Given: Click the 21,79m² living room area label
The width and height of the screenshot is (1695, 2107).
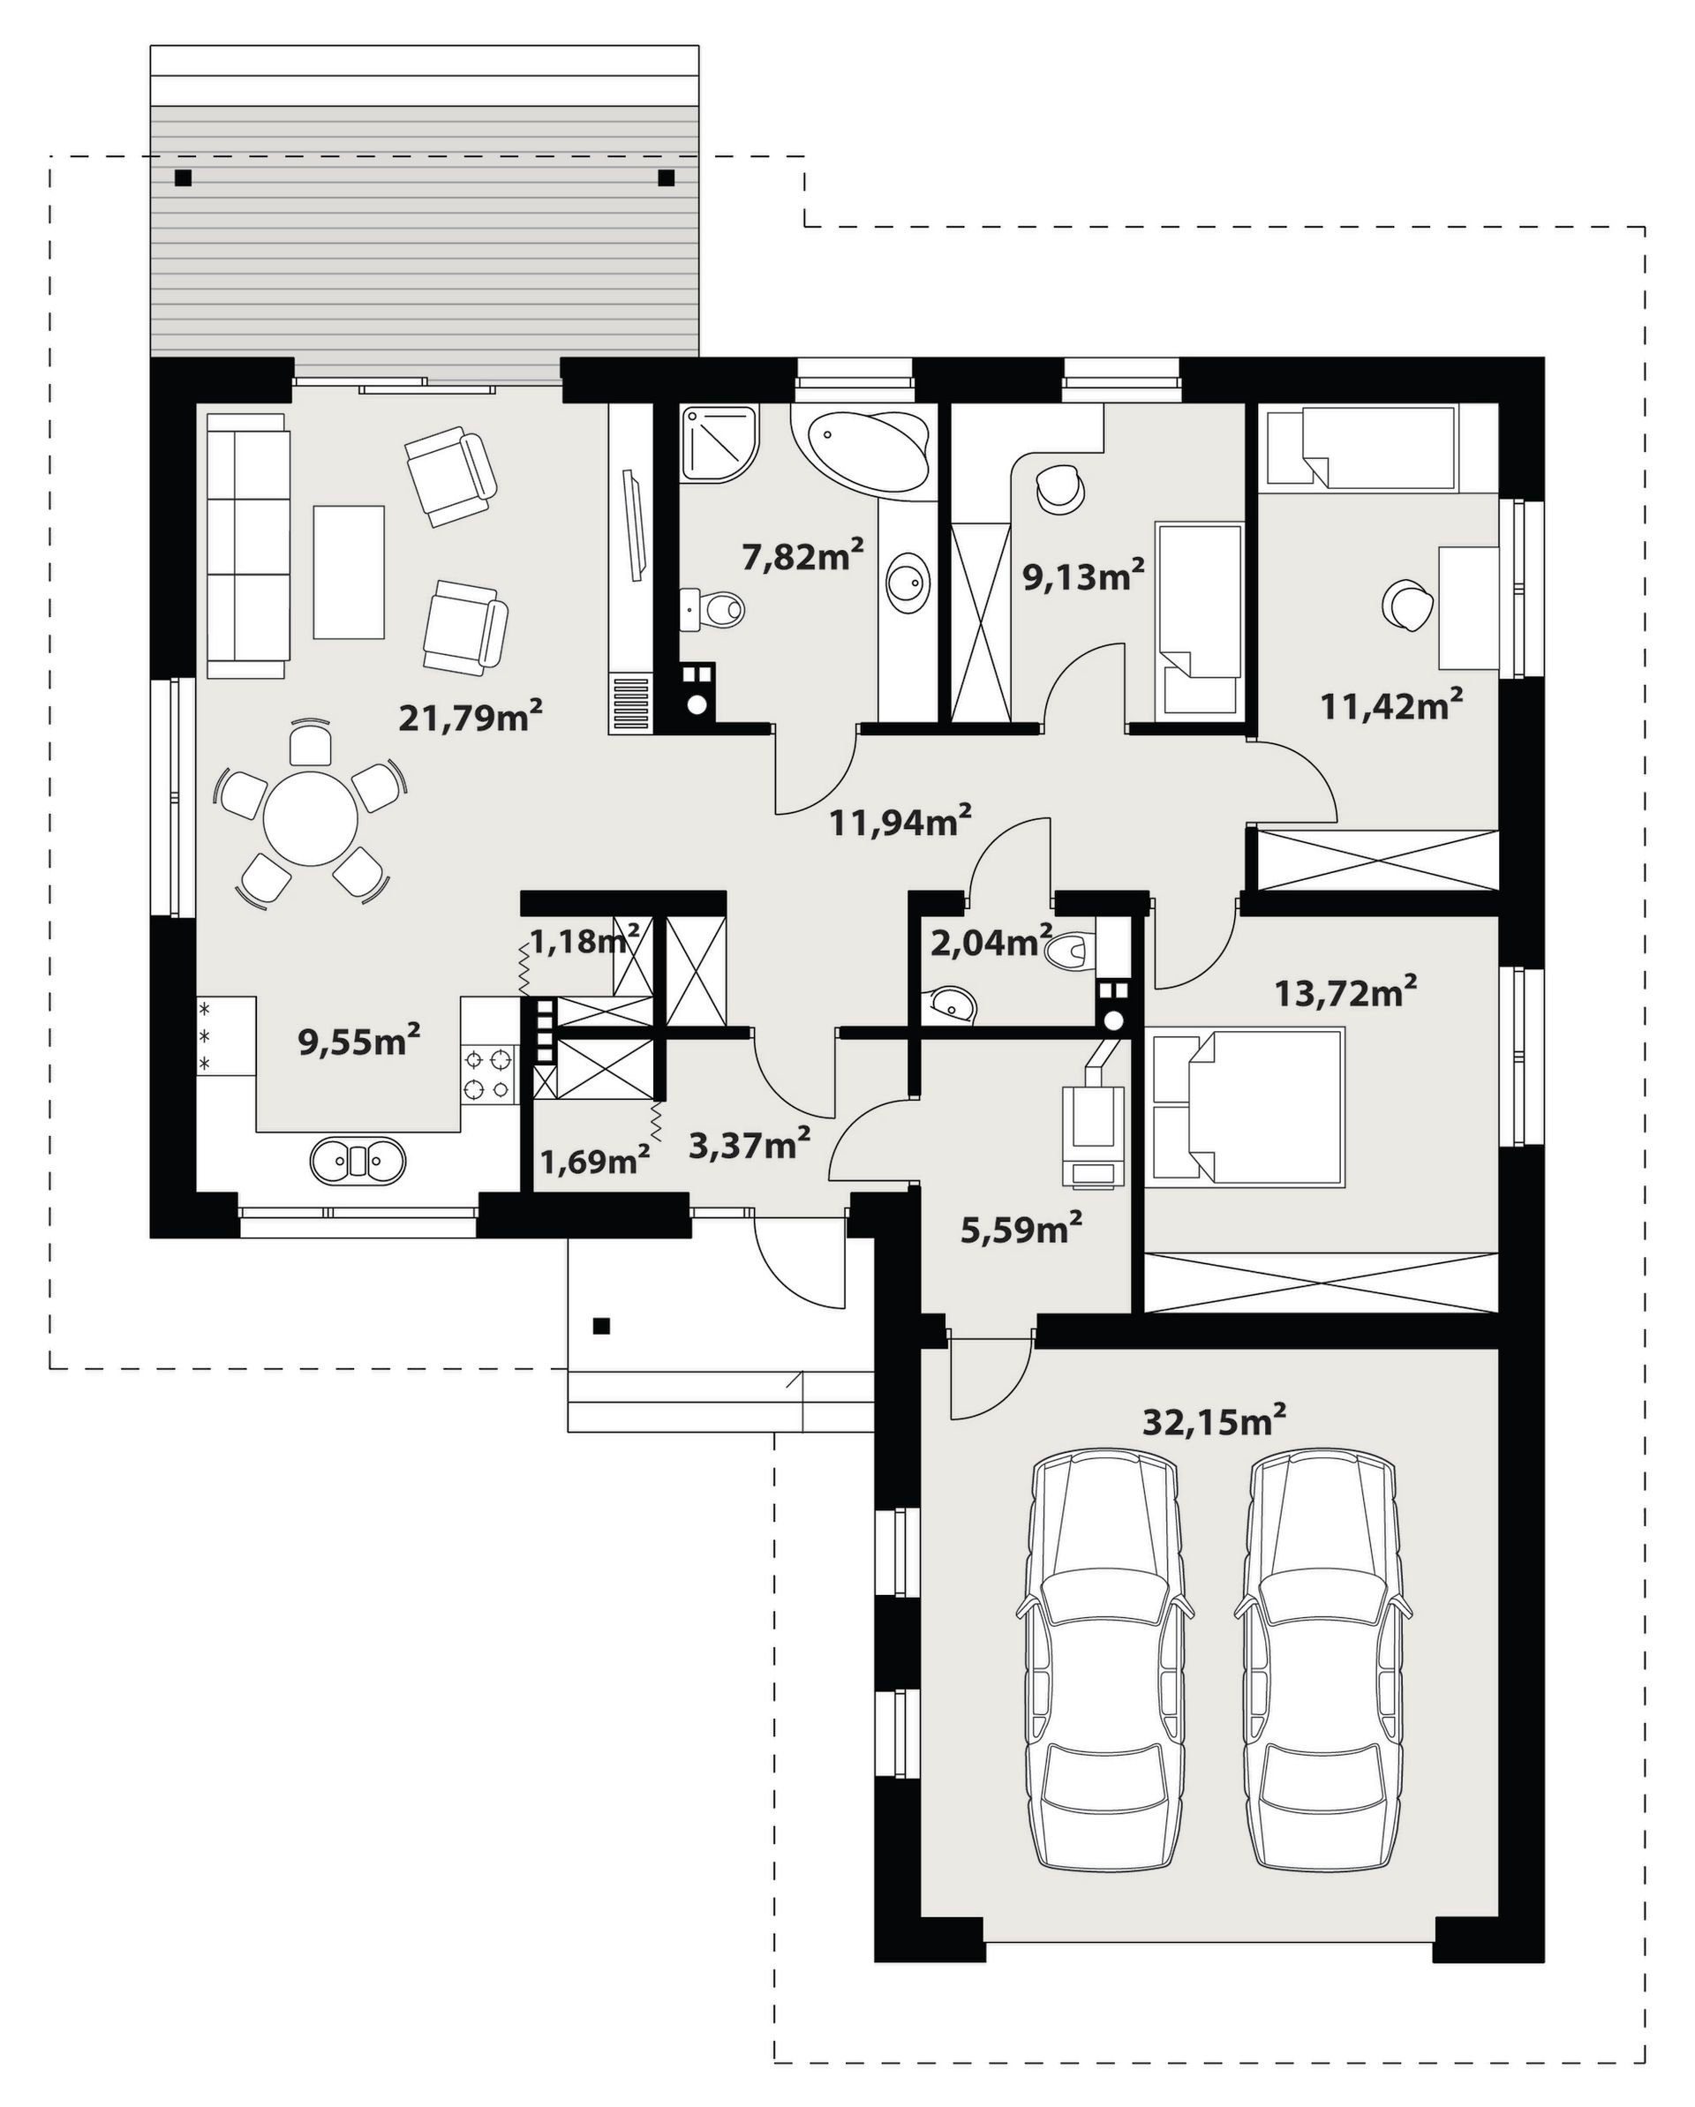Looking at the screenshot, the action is click(x=471, y=718).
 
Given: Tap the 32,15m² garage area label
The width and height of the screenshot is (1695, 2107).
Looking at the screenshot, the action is click(x=1213, y=1421).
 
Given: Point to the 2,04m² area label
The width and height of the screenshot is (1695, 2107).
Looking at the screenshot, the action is click(x=991, y=942).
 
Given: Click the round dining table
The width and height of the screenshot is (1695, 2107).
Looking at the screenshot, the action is click(x=311, y=818).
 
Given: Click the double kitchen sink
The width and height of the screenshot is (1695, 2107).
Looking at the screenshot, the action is click(x=358, y=1160).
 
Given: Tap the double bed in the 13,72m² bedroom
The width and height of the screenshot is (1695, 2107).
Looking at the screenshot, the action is click(x=1248, y=1110).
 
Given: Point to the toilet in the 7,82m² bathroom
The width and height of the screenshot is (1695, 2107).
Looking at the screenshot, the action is click(x=713, y=610).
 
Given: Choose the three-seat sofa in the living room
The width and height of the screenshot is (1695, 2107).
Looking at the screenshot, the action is click(x=249, y=546).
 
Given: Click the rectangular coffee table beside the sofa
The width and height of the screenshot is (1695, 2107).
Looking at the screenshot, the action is click(x=349, y=572).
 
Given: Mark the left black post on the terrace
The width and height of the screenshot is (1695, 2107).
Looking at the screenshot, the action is click(x=183, y=178).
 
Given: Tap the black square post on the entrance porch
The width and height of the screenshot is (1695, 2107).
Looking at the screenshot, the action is click(x=602, y=1326).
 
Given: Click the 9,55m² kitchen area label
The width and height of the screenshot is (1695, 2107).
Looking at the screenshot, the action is click(x=358, y=1041).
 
